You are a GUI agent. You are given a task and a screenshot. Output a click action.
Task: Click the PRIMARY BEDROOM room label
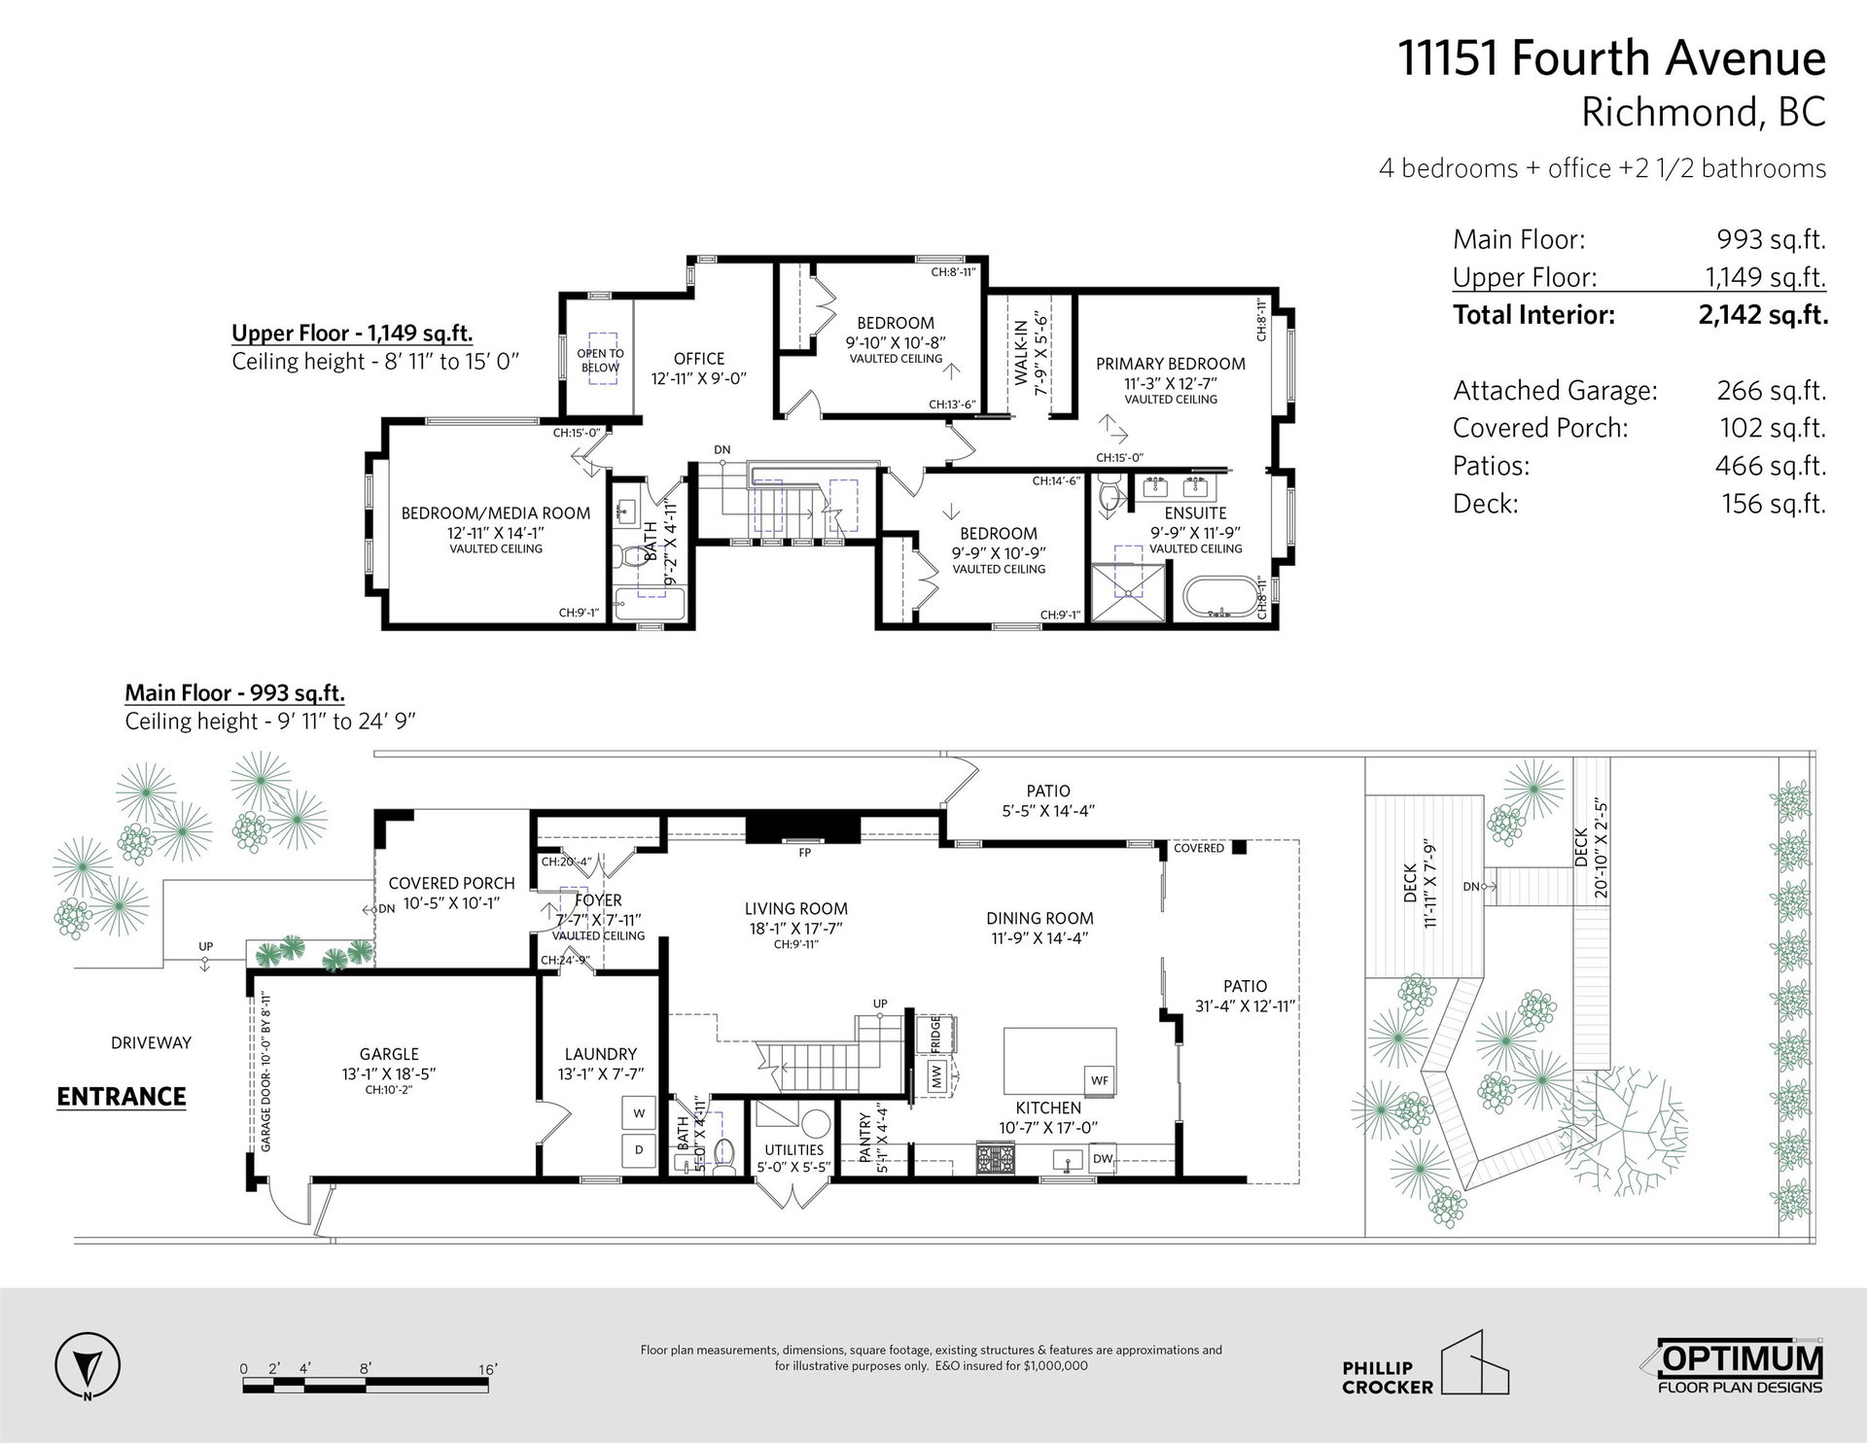pyautogui.click(x=1170, y=364)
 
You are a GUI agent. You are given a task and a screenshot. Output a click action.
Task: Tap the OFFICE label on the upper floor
pyautogui.click(x=698, y=359)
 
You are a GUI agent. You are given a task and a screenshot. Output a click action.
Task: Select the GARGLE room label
pyautogui.click(x=389, y=1054)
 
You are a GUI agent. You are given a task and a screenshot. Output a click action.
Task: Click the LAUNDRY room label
pyautogui.click(x=601, y=1054)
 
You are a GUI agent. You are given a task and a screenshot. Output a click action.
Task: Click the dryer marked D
pyautogui.click(x=639, y=1149)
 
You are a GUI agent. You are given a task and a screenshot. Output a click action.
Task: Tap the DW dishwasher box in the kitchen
pyautogui.click(x=1102, y=1158)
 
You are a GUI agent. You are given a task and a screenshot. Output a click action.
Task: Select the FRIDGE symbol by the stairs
pyautogui.click(x=934, y=1034)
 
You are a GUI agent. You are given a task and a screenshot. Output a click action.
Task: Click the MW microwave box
pyautogui.click(x=935, y=1077)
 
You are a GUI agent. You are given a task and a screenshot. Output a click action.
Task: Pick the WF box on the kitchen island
pyautogui.click(x=1099, y=1080)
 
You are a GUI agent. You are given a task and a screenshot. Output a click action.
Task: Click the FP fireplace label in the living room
pyautogui.click(x=804, y=853)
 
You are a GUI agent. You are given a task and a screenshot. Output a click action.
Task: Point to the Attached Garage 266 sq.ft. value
pyautogui.click(x=1771, y=391)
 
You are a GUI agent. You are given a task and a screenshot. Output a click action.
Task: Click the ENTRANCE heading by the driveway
pyautogui.click(x=122, y=1097)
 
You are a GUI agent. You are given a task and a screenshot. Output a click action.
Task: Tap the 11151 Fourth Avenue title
pyautogui.click(x=1612, y=58)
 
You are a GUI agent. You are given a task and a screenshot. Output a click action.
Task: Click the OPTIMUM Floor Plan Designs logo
pyautogui.click(x=1740, y=1369)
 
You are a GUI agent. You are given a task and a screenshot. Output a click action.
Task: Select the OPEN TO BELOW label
pyautogui.click(x=600, y=361)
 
